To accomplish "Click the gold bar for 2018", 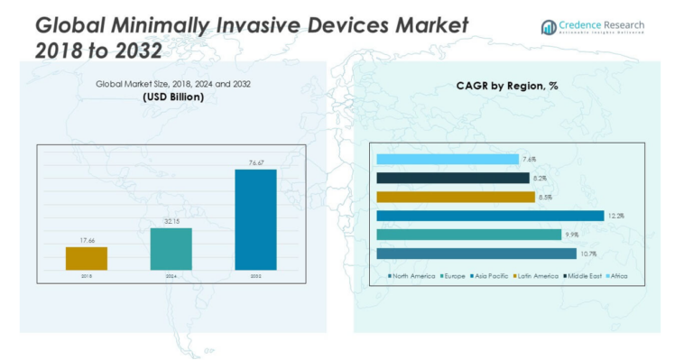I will click(87, 258).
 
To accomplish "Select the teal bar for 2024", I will click(171, 248).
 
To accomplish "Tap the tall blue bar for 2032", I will click(255, 219).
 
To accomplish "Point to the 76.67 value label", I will click(255, 163).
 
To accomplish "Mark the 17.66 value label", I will click(87, 241).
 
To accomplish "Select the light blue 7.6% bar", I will click(447, 159).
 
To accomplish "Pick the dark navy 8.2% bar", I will click(452, 178).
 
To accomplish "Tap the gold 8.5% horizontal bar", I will click(455, 197).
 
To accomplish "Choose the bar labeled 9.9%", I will click(468, 235).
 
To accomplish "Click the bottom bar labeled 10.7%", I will click(476, 254).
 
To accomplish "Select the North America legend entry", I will click(411, 275).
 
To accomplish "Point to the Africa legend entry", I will click(617, 275).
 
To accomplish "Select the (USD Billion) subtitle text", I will click(173, 97).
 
